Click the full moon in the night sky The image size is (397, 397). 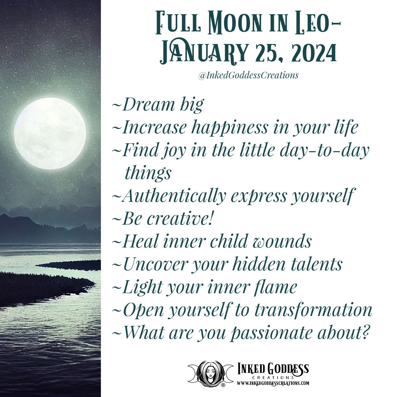click(50, 134)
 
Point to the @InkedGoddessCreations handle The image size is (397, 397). click(248, 75)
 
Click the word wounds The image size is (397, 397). click(282, 242)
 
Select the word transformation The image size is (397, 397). click(313, 310)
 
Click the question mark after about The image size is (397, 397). click(365, 332)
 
